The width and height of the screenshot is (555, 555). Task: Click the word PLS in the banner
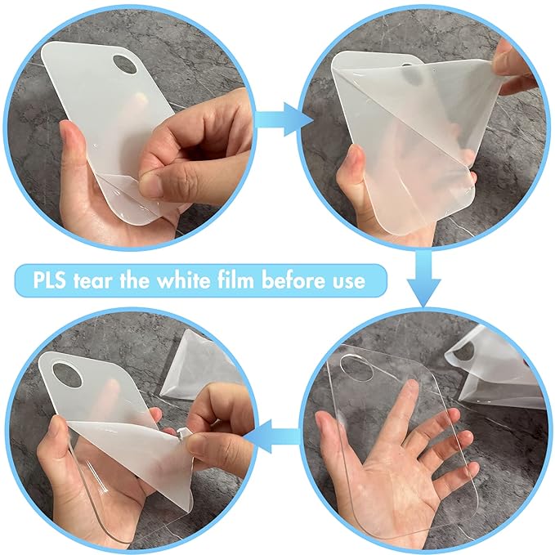click(x=50, y=280)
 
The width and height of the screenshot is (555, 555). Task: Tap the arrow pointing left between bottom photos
click(x=271, y=436)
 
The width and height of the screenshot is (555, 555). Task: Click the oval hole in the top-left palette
click(x=124, y=64)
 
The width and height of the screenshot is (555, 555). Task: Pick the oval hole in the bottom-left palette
click(x=67, y=375)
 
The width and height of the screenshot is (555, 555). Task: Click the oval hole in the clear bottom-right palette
click(x=356, y=368)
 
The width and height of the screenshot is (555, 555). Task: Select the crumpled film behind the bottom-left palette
click(x=198, y=365)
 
